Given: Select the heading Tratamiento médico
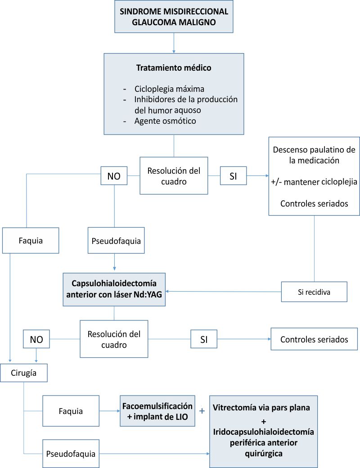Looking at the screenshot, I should pos(174,68).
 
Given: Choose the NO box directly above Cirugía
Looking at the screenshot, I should pos(36,339).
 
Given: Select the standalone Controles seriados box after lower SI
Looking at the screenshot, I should pos(314,339).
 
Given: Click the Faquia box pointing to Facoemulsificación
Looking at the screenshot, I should pos(71,411).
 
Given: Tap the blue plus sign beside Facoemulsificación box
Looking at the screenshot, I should pos(202,410).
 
